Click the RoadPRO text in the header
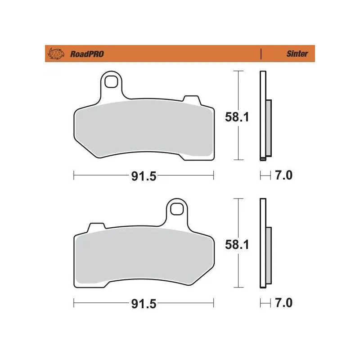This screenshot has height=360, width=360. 86,54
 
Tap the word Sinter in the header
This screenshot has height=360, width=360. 297,54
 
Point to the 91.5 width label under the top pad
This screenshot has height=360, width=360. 143,176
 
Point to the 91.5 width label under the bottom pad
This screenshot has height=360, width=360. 143,304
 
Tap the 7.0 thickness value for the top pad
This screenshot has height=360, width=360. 283,175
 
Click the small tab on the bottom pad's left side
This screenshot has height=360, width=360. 96,226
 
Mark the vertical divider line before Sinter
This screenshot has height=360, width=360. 261,54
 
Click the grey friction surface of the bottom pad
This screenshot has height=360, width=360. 143,258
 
